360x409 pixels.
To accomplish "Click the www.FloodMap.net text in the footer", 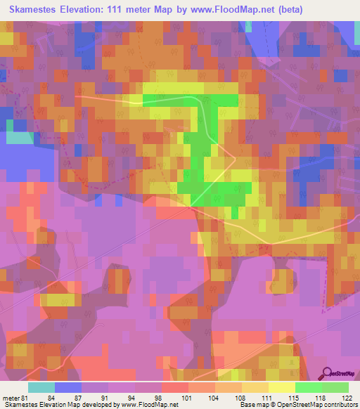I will point(145,404).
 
